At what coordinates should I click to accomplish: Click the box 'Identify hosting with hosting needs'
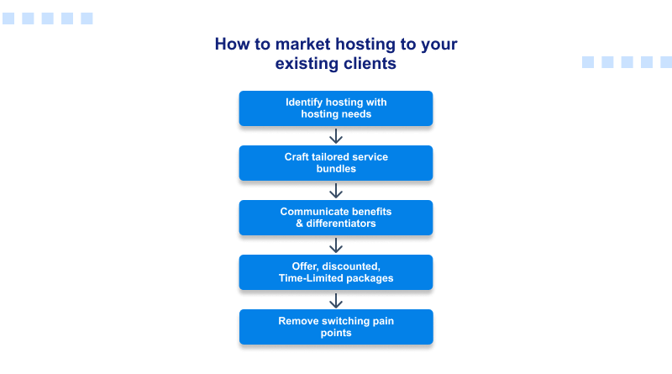coord(336,108)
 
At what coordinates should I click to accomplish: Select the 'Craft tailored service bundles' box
coord(336,163)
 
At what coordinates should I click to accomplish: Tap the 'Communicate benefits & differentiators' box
coord(336,218)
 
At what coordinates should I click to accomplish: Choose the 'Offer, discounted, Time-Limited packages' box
coord(336,272)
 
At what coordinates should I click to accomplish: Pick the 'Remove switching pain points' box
coord(336,327)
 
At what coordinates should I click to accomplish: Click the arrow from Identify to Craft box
coord(336,136)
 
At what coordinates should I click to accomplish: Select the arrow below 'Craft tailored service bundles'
coord(336,191)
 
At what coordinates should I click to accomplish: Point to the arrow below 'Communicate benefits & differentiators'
coord(336,245)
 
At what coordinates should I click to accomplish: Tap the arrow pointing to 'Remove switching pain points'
coord(336,300)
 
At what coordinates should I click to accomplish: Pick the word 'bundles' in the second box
coord(336,169)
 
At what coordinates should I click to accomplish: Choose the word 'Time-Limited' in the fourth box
coord(308,278)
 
